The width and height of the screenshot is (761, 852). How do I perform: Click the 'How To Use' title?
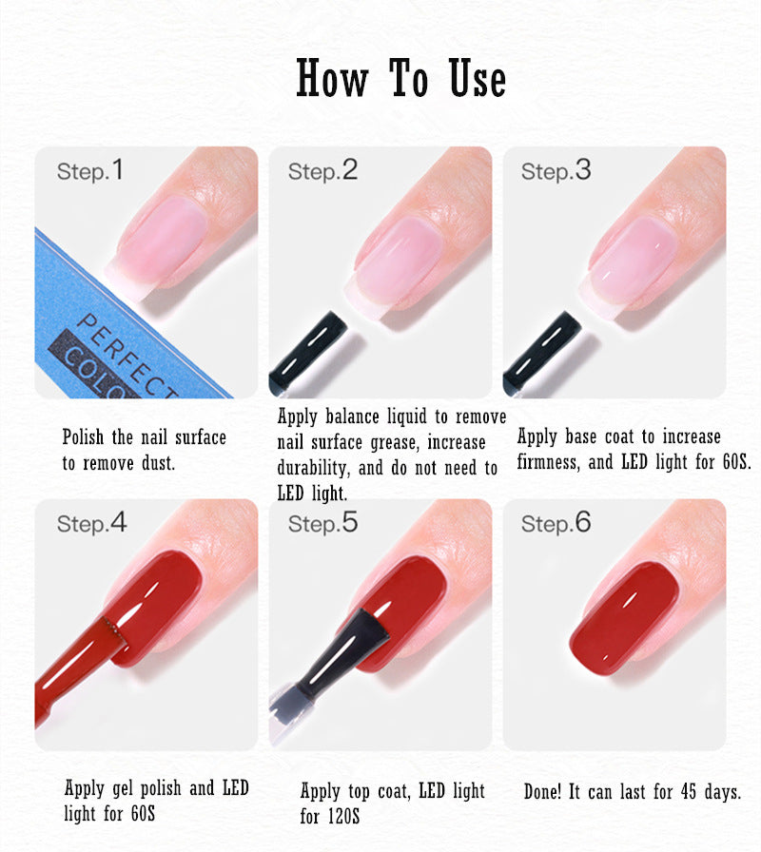[400, 78]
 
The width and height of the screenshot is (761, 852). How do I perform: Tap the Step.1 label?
[90, 171]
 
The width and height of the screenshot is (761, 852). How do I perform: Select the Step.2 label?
[322, 171]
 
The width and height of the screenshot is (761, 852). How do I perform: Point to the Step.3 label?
[556, 171]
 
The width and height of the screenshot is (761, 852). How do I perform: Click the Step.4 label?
[91, 523]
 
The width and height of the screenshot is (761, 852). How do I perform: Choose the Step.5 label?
[322, 523]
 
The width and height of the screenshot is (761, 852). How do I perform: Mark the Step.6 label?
[556, 523]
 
